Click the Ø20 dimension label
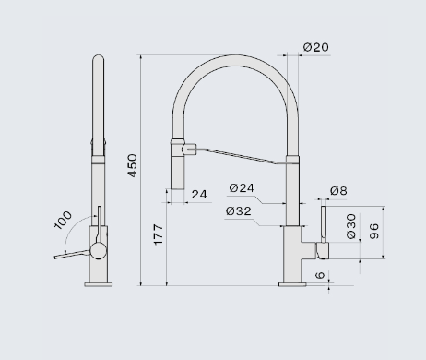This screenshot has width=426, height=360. pos(316,47)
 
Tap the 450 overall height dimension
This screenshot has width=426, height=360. pos(132,165)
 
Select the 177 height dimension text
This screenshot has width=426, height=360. pos(158,234)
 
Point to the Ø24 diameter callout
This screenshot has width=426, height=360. pos(242,187)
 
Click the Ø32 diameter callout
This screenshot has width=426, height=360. pos(239,211)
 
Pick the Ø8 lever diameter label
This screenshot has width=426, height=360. pos(338,191)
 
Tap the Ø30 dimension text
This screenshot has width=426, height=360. pos(351,226)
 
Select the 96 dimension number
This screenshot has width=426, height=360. pos(373,232)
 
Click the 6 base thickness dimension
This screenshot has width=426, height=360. pos(320,275)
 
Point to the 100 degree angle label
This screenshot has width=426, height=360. pos(63,220)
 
